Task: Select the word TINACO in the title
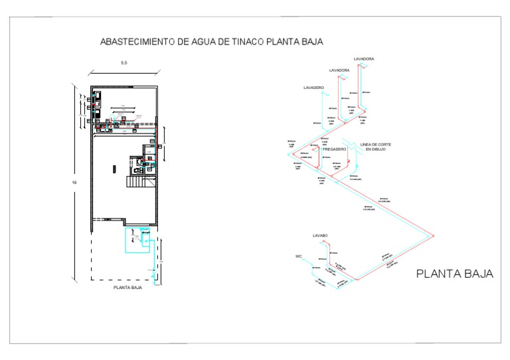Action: (250, 41)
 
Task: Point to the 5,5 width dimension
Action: (124, 63)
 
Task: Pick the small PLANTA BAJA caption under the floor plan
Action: (127, 289)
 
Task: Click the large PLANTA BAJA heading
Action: (454, 274)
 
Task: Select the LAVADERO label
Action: (313, 88)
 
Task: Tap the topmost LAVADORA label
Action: (363, 59)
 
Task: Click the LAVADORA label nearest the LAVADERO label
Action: (339, 70)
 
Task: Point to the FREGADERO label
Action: (335, 149)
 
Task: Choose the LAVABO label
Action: (321, 235)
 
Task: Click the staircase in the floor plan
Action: (135, 181)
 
